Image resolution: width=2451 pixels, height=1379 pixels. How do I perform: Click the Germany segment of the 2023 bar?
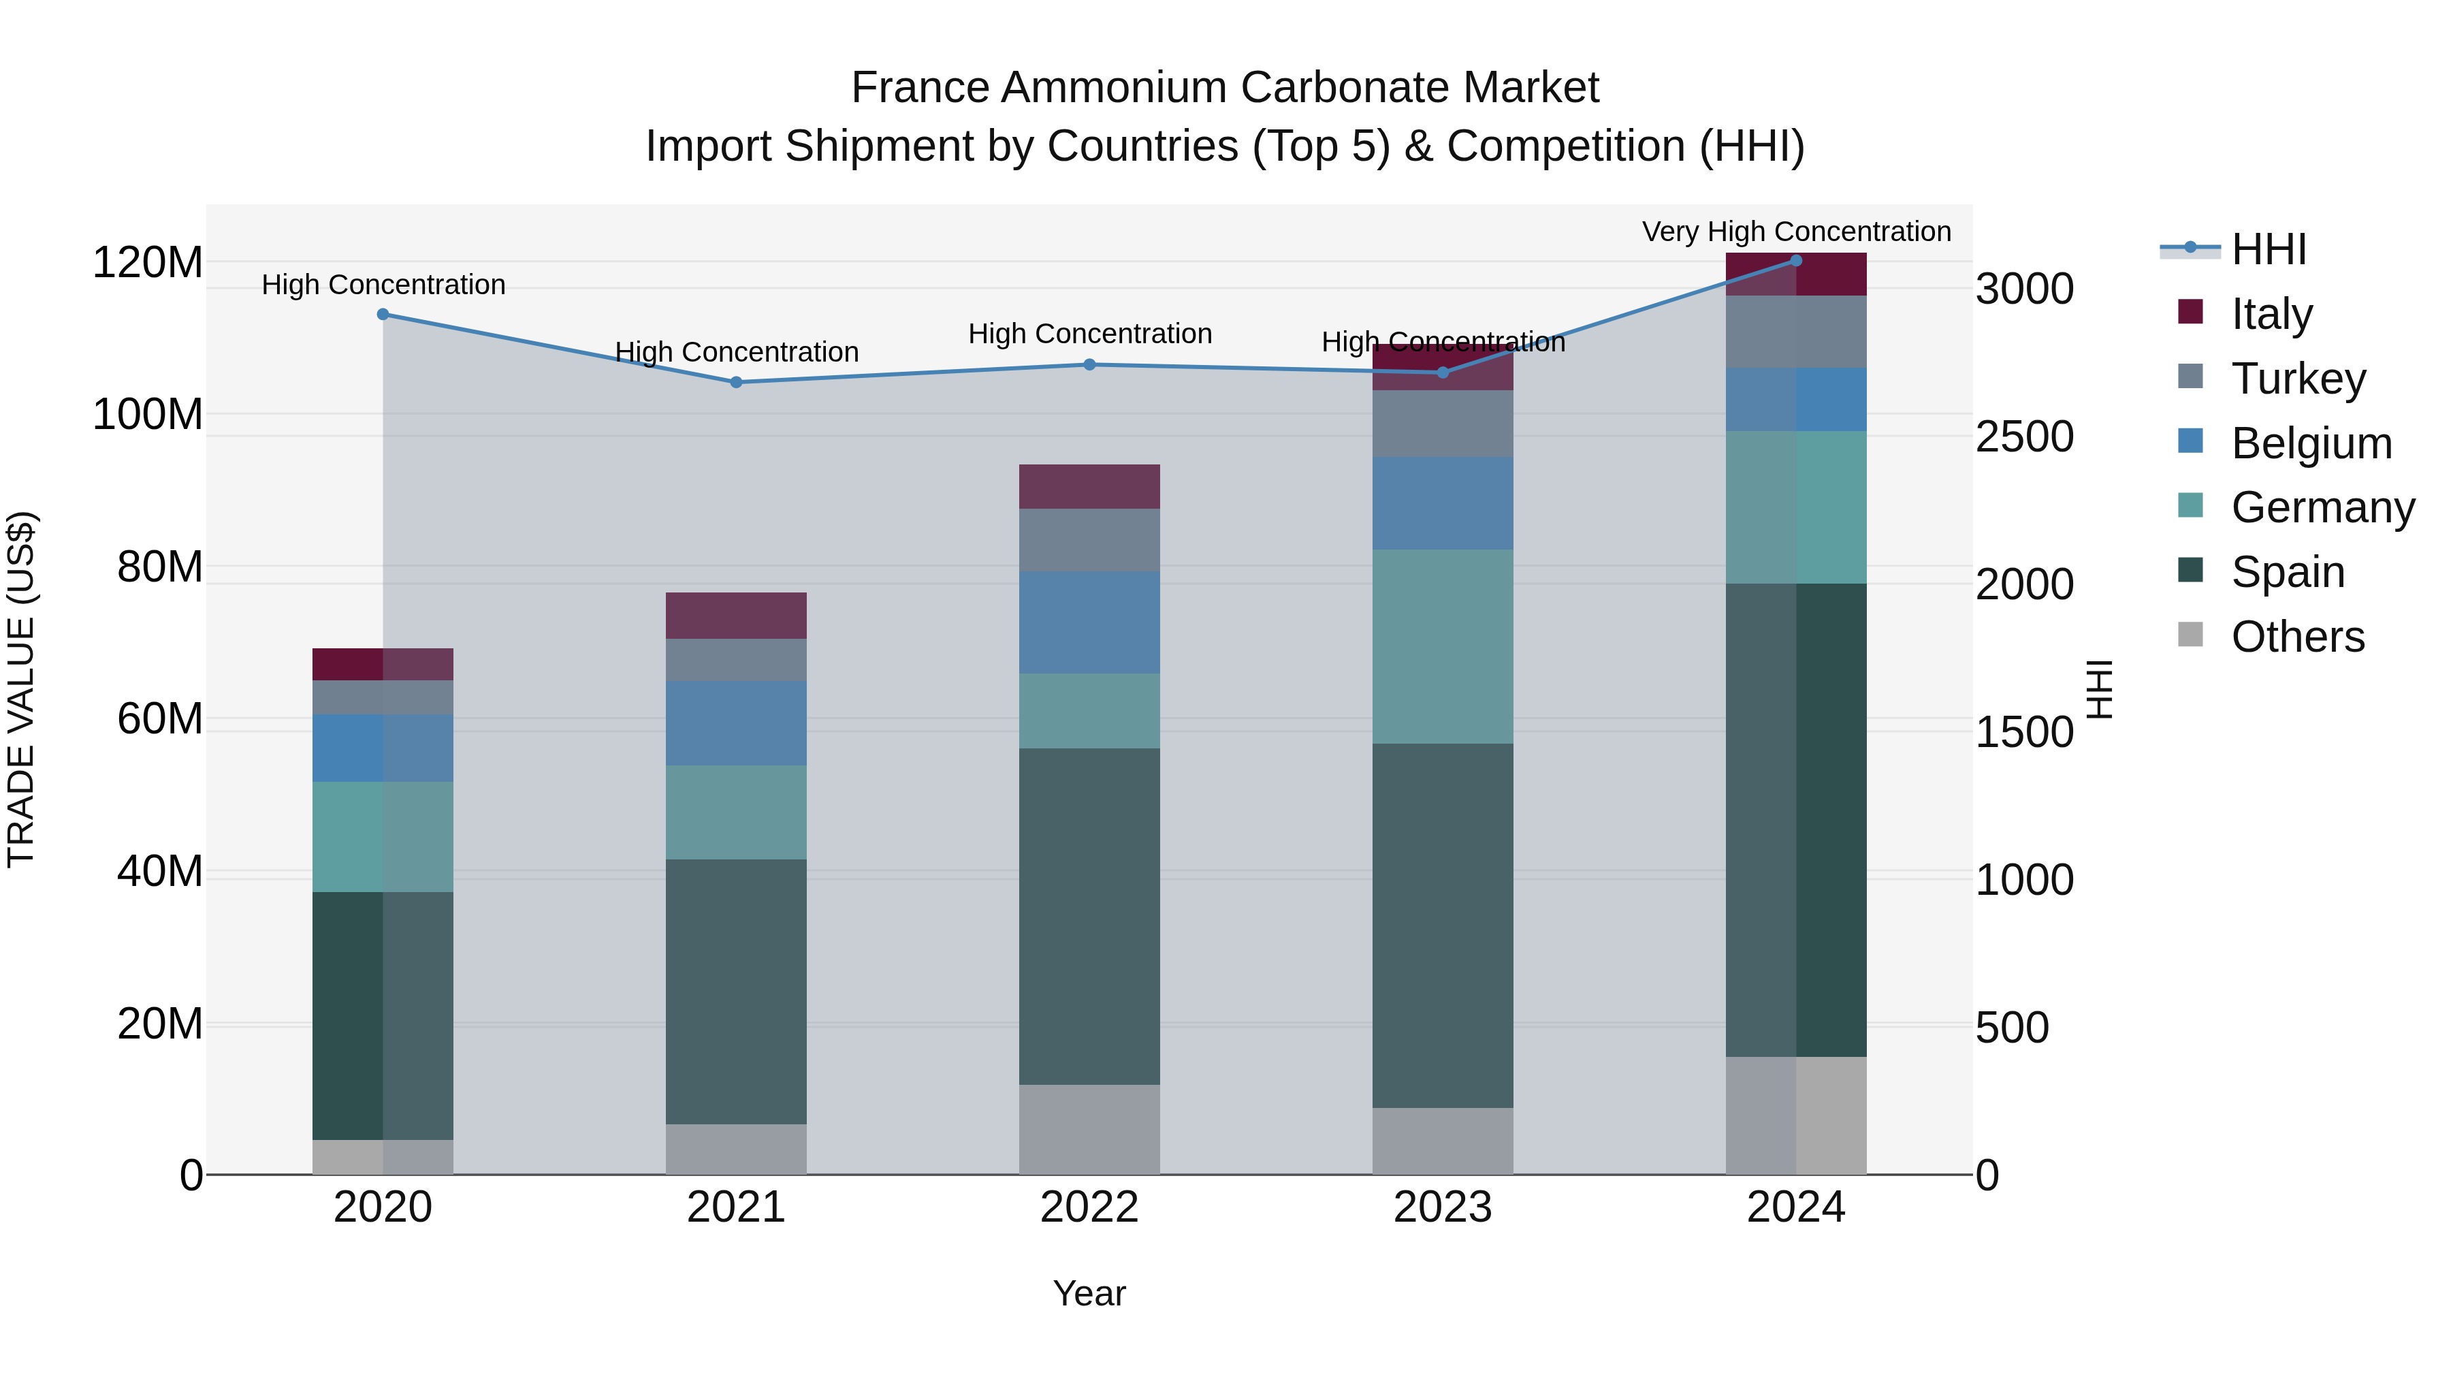click(1443, 646)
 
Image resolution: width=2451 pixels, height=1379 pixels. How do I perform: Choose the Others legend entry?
click(2297, 637)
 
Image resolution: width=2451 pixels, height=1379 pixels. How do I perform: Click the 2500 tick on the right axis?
click(2024, 437)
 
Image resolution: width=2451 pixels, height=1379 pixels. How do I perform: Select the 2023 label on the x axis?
click(1443, 1207)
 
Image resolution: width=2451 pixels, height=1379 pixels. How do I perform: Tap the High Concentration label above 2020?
click(383, 285)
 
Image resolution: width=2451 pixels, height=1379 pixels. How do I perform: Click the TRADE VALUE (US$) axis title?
click(22, 689)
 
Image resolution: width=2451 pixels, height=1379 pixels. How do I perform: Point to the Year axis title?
click(1089, 1293)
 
